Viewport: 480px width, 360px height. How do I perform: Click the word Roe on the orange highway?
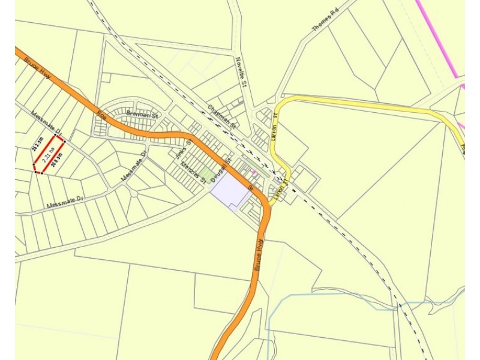coord(103,116)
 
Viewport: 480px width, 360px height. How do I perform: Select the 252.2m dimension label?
coord(37,145)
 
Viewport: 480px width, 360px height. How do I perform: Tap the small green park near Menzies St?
coord(207,175)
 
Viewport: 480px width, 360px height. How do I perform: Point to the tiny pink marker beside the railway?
coord(254,172)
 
